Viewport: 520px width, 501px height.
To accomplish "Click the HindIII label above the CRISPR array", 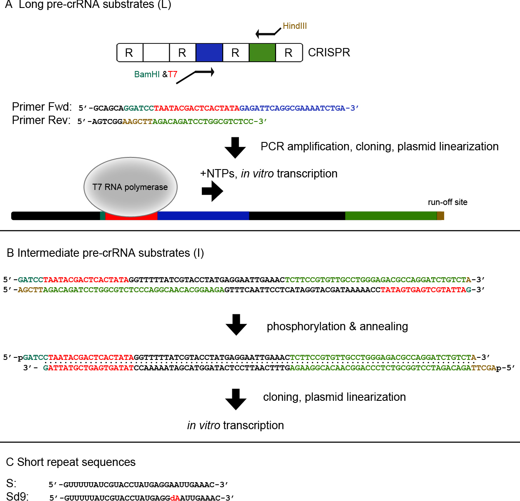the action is (295, 26).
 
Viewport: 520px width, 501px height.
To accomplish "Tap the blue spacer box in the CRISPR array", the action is (209, 53).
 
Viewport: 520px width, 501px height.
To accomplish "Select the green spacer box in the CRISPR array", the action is (262, 53).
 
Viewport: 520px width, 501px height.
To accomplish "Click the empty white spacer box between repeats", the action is (156, 53).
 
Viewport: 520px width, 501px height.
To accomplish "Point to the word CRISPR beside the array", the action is (329, 53).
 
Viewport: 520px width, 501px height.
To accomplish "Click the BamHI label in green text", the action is (147, 74).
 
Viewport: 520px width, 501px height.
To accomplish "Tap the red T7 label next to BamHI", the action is (173, 74).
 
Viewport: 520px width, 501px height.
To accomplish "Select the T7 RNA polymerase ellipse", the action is (131, 187).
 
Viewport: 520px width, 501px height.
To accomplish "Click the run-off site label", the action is (447, 202).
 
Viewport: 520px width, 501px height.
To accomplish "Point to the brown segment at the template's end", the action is (441, 216).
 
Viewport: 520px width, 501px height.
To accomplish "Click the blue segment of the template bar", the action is (203, 216).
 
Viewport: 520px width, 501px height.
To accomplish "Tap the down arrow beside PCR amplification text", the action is (235, 148).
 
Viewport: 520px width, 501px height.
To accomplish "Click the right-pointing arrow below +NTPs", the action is (212, 191).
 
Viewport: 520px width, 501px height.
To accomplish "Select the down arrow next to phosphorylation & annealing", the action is (236, 325).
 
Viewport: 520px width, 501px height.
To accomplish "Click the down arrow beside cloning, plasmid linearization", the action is (236, 400).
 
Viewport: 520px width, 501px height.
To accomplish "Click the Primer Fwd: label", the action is (42, 107).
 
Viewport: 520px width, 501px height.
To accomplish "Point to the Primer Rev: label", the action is (41, 120).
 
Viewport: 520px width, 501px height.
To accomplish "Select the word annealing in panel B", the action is (384, 326).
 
